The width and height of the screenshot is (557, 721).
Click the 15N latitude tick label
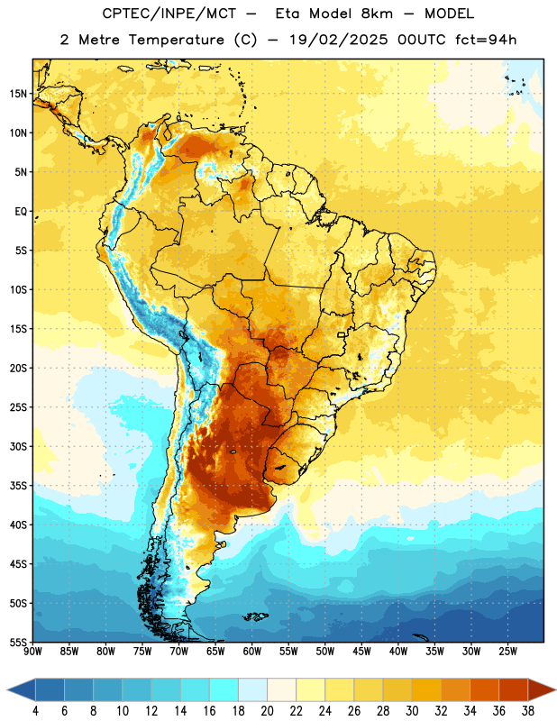(x=18, y=94)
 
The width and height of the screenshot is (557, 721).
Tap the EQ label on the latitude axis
(x=21, y=212)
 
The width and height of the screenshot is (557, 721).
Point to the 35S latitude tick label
(x=18, y=486)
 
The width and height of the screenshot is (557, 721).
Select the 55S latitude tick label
(x=18, y=642)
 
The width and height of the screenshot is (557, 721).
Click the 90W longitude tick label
(x=32, y=652)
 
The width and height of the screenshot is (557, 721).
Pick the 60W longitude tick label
(x=252, y=652)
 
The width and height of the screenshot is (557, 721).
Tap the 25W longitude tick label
(x=507, y=652)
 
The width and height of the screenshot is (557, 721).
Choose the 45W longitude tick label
(x=361, y=652)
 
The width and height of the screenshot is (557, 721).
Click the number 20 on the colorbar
(x=267, y=711)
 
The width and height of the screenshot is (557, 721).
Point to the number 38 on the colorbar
(x=527, y=711)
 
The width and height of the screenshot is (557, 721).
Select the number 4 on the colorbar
(x=35, y=711)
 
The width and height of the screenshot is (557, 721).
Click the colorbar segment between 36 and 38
(x=514, y=689)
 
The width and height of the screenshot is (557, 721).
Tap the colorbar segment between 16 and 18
(x=224, y=689)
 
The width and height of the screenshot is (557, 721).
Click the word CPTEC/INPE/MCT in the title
(x=169, y=14)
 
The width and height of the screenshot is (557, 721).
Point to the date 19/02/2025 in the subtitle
(x=339, y=40)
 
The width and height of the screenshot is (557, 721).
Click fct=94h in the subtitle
(x=486, y=40)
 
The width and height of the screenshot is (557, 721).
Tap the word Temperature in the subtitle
(x=176, y=40)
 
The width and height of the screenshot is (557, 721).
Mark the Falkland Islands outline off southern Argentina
(x=255, y=616)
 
